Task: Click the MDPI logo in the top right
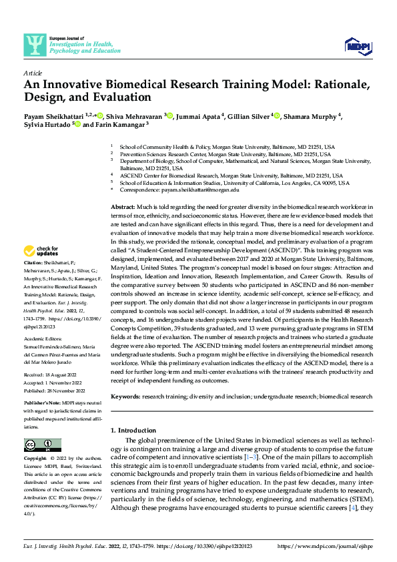(358, 45)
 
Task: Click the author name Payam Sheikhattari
(54, 116)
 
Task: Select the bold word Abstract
(122, 208)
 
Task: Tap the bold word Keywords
(125, 396)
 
